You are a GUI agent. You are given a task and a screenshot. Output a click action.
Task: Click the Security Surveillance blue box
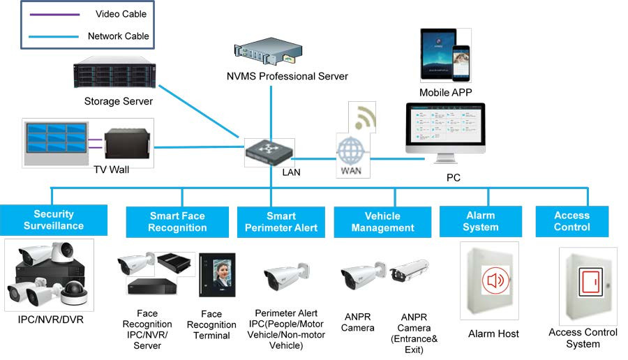(x=54, y=220)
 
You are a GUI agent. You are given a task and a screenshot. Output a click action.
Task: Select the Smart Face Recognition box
(x=177, y=222)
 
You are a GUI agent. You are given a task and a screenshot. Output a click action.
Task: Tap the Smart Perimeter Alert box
(x=281, y=222)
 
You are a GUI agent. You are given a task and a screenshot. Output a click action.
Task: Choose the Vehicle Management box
(x=382, y=222)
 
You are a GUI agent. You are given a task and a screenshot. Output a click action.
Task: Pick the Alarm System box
(x=481, y=221)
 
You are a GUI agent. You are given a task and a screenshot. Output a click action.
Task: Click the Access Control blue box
(x=571, y=221)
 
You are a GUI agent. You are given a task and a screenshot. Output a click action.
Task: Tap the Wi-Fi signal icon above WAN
(x=362, y=117)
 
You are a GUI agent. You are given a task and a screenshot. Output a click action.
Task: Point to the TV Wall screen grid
(x=54, y=142)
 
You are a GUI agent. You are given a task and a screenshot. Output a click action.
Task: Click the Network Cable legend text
(x=118, y=36)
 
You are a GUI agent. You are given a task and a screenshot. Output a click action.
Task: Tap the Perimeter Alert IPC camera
(x=286, y=277)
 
